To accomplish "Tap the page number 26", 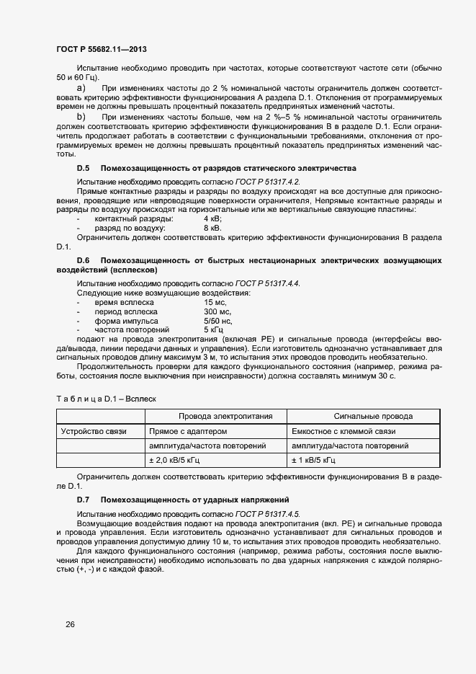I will coord(70,624).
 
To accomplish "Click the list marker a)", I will coord(81,88).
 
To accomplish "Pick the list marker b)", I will coord(81,116).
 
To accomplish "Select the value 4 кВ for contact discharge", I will coord(213,218).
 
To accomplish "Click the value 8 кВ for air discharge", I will coord(213,228).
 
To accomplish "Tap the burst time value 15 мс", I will coord(215,302).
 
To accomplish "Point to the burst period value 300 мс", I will coord(217,311).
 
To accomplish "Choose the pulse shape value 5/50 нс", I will coord(217,321).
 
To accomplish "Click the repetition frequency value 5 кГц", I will coord(215,329).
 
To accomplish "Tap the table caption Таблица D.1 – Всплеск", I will coord(106,398).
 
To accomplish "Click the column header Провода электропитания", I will coord(215,416).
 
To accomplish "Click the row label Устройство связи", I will coord(94,431).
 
